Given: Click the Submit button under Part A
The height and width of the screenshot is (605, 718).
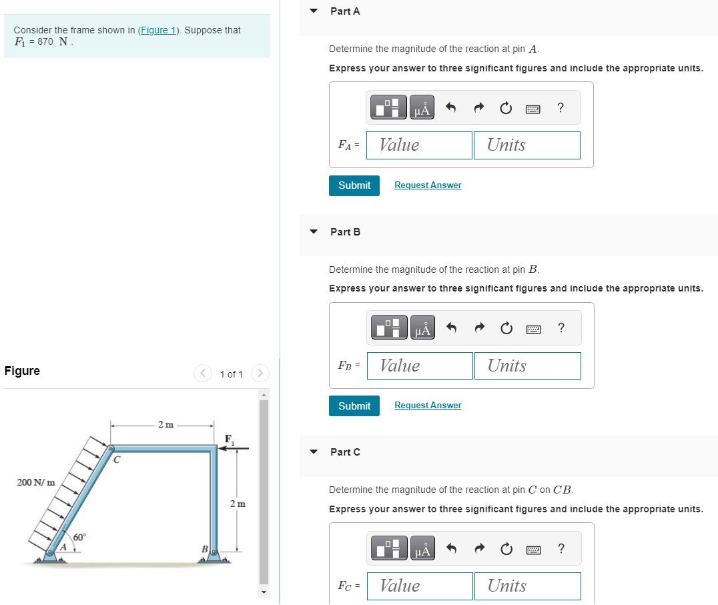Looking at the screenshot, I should click(354, 185).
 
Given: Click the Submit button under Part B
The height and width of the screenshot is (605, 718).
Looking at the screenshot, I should click(354, 406).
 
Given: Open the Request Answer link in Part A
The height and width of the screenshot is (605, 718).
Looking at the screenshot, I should click(428, 185).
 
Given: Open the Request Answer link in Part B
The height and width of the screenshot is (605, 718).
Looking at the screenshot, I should click(428, 406).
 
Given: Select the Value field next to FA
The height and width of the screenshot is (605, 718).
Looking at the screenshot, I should click(419, 145).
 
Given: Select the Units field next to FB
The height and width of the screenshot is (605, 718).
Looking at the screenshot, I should click(527, 366).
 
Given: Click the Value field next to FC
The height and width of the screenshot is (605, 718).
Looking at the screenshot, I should click(420, 586).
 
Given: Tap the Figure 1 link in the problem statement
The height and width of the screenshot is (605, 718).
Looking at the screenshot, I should click(160, 30).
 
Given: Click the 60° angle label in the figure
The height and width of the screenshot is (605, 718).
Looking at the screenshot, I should click(79, 538).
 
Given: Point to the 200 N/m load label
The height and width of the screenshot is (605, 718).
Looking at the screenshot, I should click(36, 482).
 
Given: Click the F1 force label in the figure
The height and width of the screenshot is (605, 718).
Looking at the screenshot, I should click(230, 438).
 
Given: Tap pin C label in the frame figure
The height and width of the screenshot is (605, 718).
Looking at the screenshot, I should click(117, 460).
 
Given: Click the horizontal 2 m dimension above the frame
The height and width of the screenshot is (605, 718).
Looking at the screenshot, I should click(165, 425).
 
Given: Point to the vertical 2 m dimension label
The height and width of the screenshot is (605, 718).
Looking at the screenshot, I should click(238, 504).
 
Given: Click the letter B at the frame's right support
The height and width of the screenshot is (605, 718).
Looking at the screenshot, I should click(205, 549).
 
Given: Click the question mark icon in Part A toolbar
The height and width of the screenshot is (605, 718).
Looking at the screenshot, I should click(561, 107).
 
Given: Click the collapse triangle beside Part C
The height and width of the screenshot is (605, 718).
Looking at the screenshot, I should click(314, 452).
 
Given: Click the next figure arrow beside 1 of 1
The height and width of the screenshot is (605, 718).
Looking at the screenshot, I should click(261, 374).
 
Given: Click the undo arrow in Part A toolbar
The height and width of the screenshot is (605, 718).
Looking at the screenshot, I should click(450, 108).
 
